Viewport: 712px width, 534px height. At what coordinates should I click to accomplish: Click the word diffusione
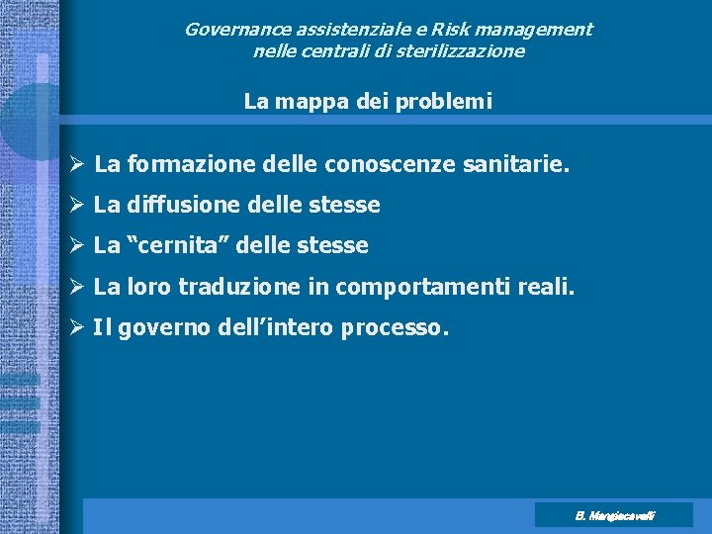click(176, 205)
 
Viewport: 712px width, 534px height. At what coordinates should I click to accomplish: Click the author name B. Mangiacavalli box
click(614, 515)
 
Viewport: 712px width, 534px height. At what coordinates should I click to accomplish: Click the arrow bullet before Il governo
click(78, 327)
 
